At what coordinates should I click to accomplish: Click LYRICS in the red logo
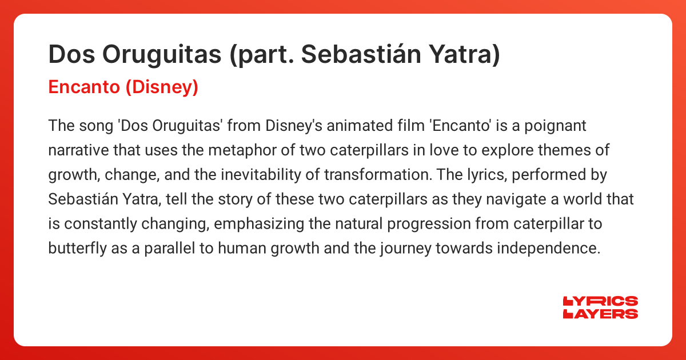coord(601,302)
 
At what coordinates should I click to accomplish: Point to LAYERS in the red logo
coord(601,314)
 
